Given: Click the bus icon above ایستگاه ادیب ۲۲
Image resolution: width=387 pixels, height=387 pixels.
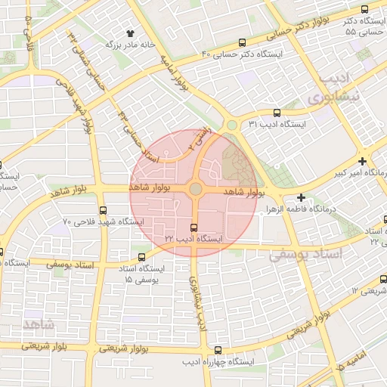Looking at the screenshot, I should coord(193,227).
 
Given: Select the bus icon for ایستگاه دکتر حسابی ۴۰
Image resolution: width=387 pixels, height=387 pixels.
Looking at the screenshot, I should coord(242,43).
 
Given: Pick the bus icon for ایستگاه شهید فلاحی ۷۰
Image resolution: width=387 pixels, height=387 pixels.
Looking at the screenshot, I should coord(103,211).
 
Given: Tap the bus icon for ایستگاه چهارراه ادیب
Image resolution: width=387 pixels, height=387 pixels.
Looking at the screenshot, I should coord(218,350).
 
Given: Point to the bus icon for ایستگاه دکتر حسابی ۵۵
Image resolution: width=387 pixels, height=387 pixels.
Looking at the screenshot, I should coord(365,9).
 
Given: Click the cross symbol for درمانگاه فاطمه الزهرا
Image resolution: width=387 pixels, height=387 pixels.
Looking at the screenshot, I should coord(302,197).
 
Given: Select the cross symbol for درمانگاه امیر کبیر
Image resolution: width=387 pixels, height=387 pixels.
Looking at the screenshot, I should coord(363,161).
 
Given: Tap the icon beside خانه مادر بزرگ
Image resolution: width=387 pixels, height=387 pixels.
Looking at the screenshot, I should coord(131,34).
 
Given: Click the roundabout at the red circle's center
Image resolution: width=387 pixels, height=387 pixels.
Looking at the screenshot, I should coord(195,188).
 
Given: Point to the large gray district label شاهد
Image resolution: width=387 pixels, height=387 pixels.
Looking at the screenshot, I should coord(39,324).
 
